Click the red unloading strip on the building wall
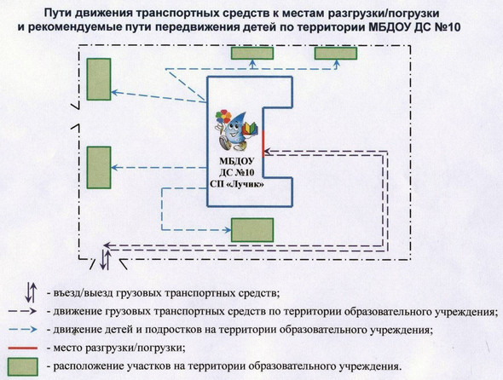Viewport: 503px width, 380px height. pos(263,144)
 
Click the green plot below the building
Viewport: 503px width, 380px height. pos(252,230)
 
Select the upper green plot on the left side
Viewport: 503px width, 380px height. pos(99,79)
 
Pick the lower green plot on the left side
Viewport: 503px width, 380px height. pos(99,167)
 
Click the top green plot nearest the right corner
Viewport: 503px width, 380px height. pos(336,53)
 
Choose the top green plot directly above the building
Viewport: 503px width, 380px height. pos(252,53)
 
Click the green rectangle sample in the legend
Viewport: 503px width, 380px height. pos(23,367)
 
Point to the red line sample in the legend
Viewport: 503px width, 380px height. pos(23,348)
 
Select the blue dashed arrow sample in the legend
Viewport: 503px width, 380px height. pos(23,330)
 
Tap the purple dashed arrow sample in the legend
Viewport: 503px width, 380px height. pos(23,311)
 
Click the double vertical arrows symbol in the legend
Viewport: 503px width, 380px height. pos(31,292)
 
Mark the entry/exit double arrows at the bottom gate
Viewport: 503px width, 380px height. pos(105,260)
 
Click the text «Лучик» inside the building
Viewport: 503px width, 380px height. pos(247,184)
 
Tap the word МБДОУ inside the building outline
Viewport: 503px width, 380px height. pos(237,161)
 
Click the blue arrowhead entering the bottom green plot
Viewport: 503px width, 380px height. pos(228,230)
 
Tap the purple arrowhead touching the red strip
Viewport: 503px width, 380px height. pos(267,151)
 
